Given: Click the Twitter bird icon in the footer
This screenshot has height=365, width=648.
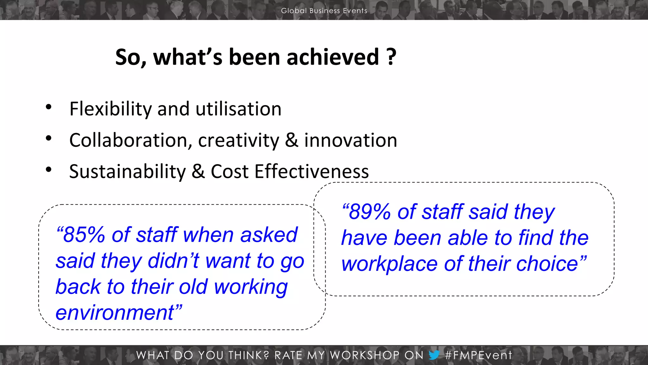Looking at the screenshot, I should point(434,355).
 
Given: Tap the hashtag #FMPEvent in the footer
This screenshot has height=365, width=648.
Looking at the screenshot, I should point(478,355).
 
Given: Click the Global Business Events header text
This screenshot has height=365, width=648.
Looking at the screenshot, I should point(324,10).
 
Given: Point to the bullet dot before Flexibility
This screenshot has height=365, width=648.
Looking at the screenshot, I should point(48,107).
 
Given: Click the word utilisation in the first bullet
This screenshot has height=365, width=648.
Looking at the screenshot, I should point(238,109).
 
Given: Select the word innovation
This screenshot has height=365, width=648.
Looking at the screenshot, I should point(351,140).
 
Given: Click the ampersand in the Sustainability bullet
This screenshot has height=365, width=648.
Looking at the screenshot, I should point(198,171).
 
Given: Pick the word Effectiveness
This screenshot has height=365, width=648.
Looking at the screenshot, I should point(311,171).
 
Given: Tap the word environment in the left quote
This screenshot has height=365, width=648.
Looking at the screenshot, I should point(115,313).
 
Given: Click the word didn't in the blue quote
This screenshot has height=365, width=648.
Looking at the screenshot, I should point(173,261).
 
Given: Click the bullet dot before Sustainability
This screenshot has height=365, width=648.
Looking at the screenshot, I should point(48,170).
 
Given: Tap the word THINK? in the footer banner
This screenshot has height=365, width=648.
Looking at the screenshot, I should point(249,355).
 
